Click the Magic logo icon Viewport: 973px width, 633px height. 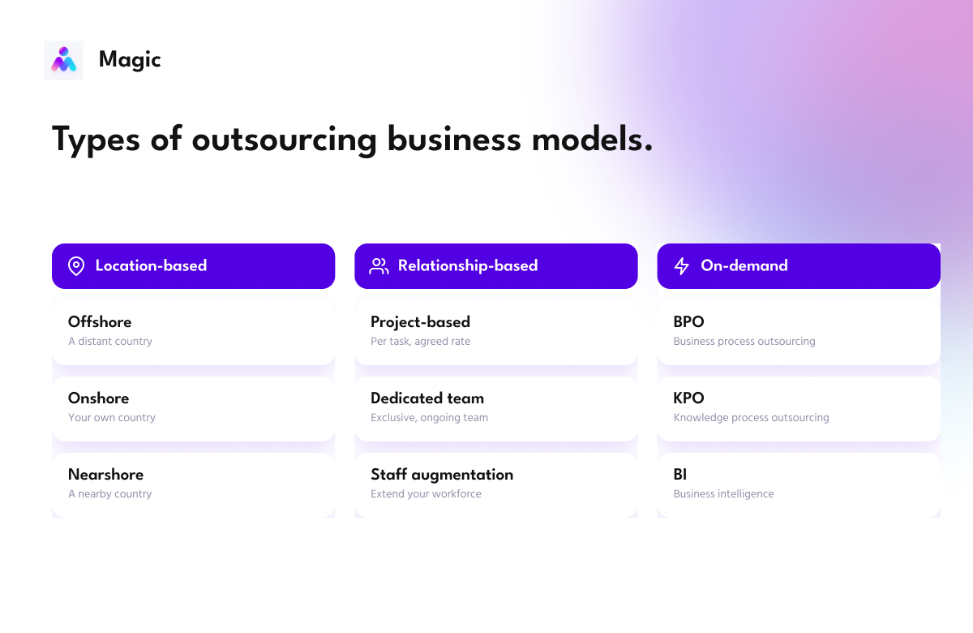(63, 60)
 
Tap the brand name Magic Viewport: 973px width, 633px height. (130, 60)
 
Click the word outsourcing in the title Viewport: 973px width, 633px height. (284, 140)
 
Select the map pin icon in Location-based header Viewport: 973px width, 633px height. (76, 265)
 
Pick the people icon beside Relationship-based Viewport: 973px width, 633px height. (379, 266)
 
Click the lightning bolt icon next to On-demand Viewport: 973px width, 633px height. (682, 266)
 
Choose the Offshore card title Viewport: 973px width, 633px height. (100, 321)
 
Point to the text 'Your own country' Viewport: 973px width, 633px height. (112, 417)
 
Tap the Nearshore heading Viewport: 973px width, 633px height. (105, 474)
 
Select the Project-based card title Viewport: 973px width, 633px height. (420, 322)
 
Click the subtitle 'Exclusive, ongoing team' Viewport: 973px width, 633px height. (429, 418)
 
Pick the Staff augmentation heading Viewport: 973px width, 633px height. (442, 475)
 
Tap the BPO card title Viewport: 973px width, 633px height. (688, 321)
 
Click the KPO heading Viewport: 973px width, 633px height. (688, 398)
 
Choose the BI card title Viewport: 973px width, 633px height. (679, 474)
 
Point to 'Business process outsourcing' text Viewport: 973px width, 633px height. (744, 342)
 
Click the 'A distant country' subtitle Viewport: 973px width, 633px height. (110, 342)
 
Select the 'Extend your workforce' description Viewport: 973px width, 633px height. (426, 494)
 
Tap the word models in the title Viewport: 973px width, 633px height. (592, 139)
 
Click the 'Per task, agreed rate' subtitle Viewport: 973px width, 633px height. (420, 342)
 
